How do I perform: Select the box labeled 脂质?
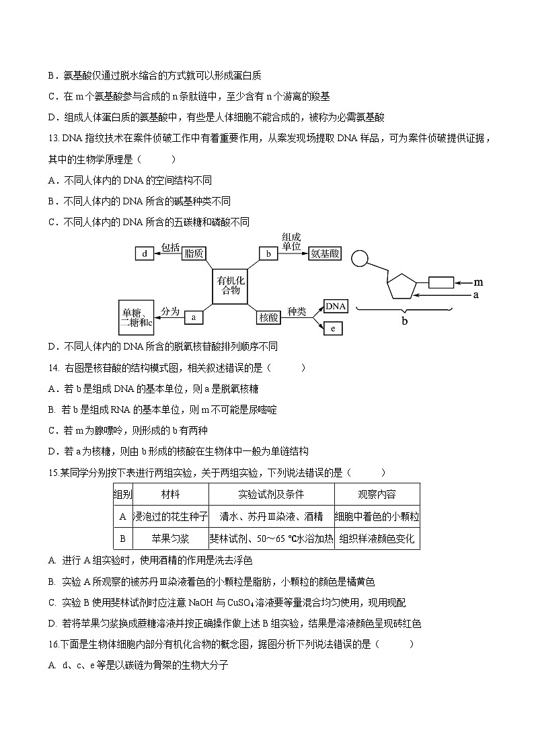coord(194,253)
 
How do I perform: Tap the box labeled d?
coord(145,253)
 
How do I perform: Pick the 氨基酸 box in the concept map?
coord(325,253)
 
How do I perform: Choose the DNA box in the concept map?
coord(336,307)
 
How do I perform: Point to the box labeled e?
coord(333,328)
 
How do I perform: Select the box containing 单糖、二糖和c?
coord(137,318)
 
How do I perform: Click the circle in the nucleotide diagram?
coord(360,258)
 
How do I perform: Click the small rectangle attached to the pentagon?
coord(441,282)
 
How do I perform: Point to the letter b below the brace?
coord(405,321)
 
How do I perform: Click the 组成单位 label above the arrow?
coord(291,241)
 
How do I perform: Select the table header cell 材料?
coord(170,494)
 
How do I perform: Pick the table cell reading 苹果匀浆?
coord(170,539)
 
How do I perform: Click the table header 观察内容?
coord(377,494)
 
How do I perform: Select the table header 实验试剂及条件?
coord(271,494)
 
